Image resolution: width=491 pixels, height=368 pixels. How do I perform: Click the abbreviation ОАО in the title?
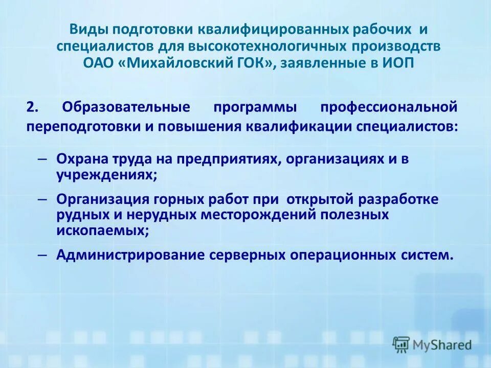coord(97,63)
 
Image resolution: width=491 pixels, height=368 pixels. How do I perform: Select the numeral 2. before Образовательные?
coord(33,108)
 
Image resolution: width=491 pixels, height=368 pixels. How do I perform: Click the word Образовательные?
coord(132,108)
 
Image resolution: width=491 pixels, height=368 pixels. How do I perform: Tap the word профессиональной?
coord(388,108)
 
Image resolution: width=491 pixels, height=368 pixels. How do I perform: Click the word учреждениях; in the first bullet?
coord(106,174)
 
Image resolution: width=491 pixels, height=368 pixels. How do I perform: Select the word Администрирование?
coord(130,255)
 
